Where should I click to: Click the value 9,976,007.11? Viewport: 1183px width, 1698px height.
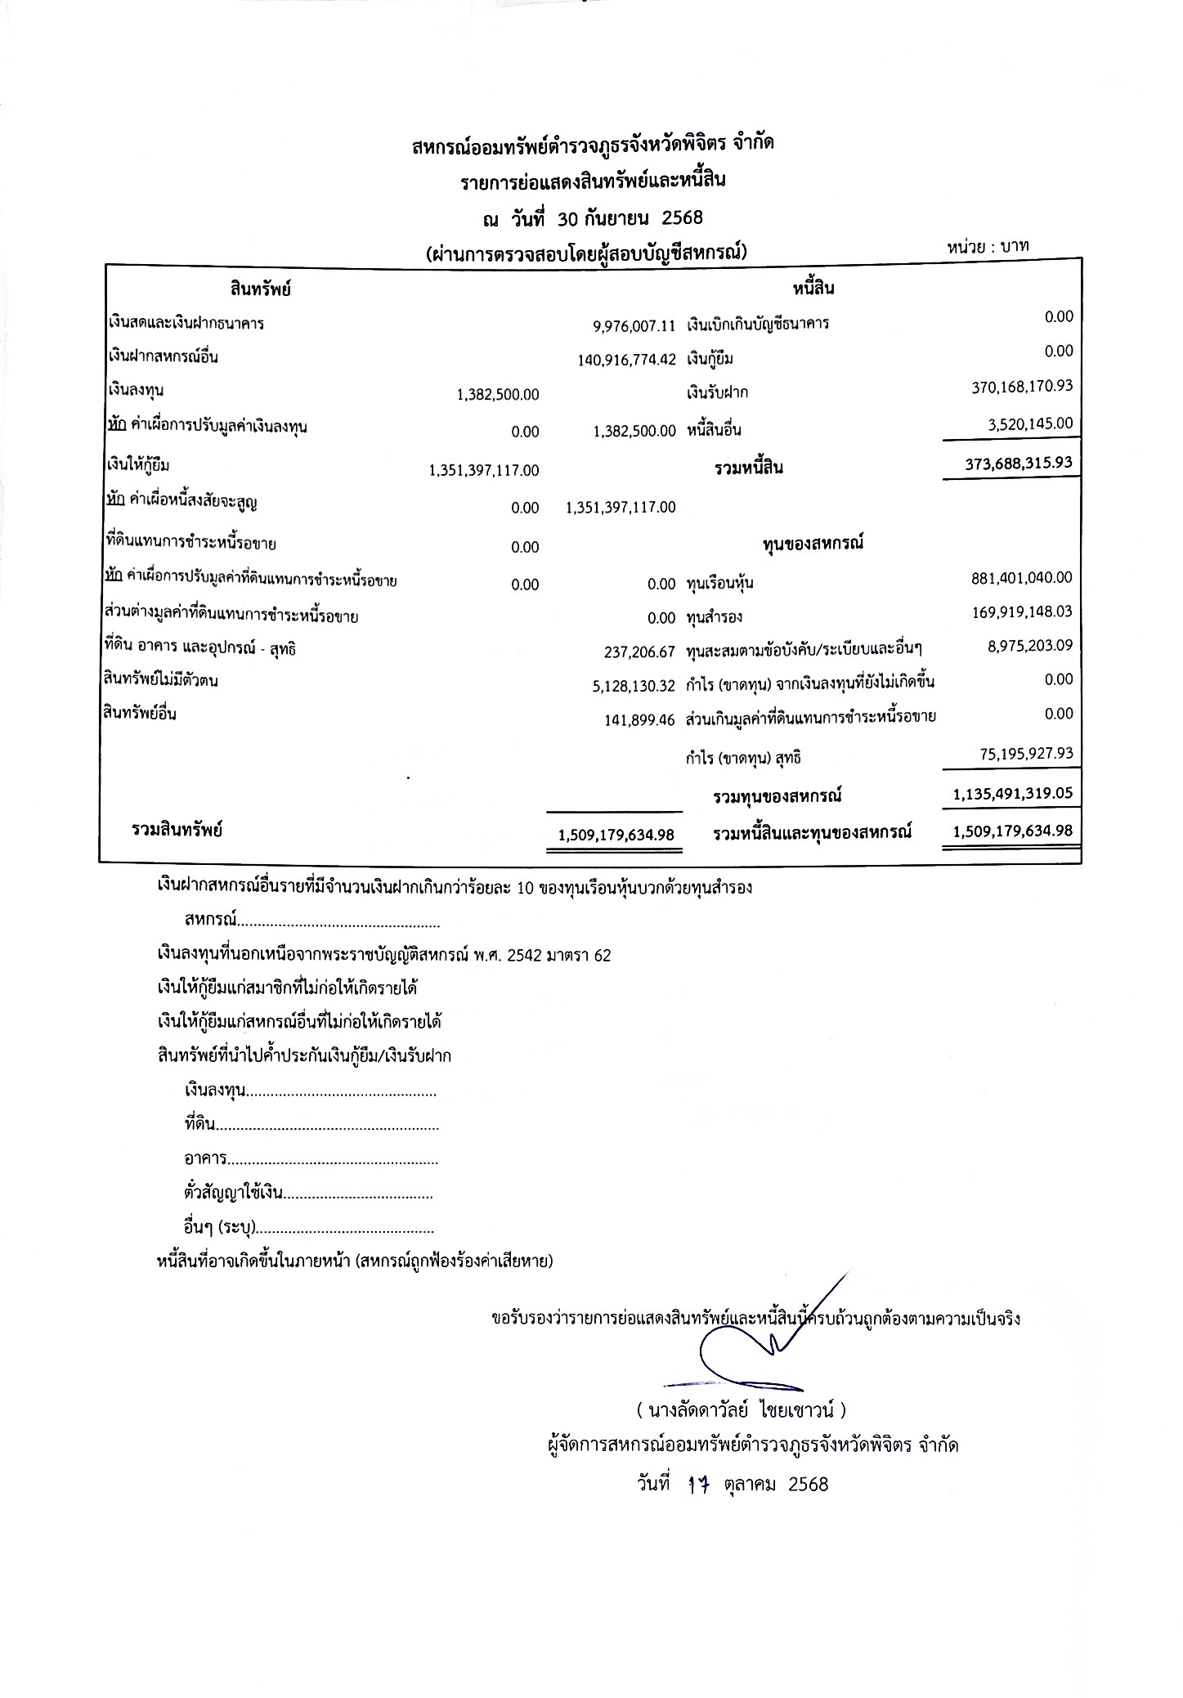tap(634, 326)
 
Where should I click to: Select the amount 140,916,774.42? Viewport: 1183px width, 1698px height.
tap(626, 360)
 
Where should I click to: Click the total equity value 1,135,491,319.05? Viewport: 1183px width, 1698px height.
tap(1013, 793)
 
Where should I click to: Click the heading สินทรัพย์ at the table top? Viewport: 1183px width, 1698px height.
tap(261, 289)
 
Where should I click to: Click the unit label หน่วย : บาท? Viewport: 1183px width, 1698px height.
tap(988, 246)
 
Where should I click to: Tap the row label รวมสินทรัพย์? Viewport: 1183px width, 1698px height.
tap(177, 831)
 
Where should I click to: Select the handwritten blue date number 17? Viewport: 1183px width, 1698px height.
tap(697, 1485)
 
